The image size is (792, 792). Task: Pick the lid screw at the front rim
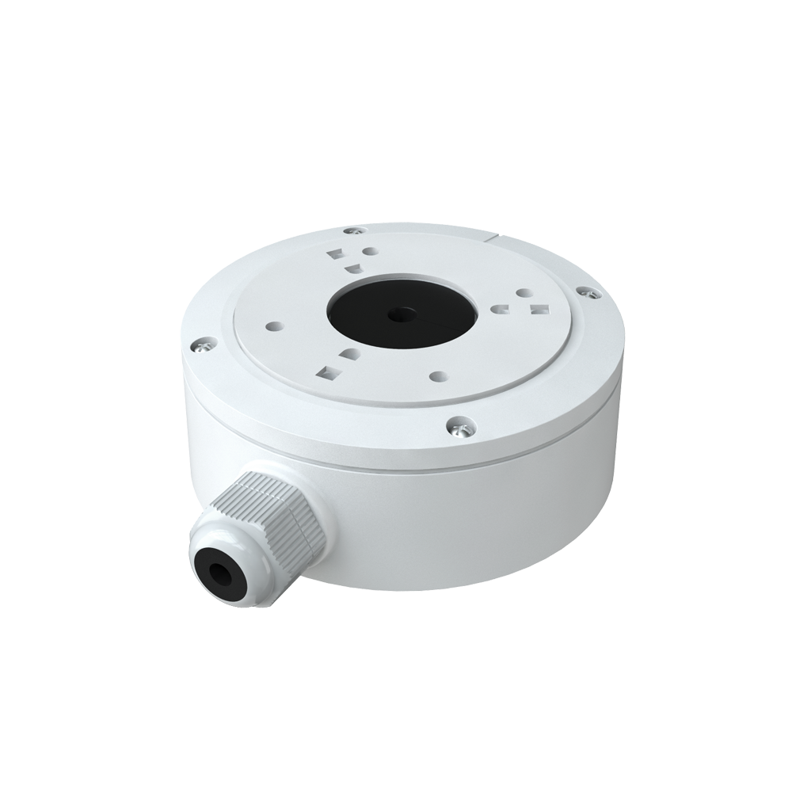point(455,426)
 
